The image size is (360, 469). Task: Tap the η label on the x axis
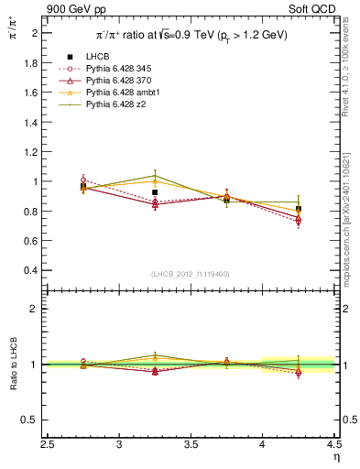point(335,456)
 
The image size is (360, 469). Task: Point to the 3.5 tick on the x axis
point(191,444)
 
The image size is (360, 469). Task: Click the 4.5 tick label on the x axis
point(333,444)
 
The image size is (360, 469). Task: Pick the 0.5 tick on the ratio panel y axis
point(33,420)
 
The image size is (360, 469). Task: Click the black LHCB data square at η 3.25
point(155,192)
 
